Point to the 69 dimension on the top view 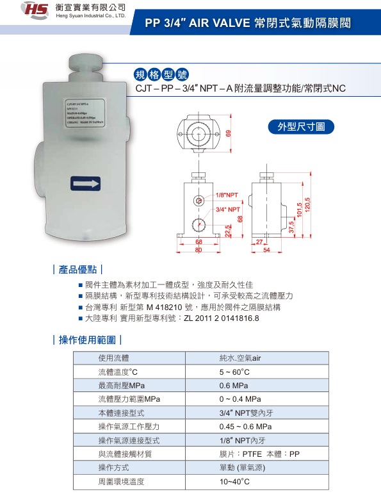[x=227, y=133]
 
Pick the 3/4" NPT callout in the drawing [x=228, y=209]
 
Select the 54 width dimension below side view [x=267, y=249]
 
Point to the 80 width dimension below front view [x=199, y=249]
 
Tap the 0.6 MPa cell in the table [x=233, y=386]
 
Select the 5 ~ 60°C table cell [x=234, y=372]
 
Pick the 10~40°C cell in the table [x=234, y=481]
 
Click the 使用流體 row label [x=113, y=357]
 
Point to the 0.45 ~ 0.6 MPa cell [x=246, y=427]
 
